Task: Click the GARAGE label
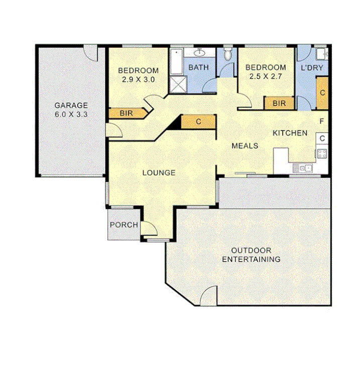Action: click(x=71, y=105)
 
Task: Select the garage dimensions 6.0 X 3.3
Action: click(x=71, y=114)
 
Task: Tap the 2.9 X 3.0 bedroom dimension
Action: click(x=138, y=79)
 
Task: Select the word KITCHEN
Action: click(x=290, y=133)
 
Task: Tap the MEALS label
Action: click(x=245, y=146)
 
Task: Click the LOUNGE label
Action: click(x=159, y=173)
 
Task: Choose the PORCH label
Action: click(x=124, y=224)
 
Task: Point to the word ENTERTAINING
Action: click(x=251, y=259)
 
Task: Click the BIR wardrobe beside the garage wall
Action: click(x=126, y=113)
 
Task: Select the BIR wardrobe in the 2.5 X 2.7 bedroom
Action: click(x=279, y=103)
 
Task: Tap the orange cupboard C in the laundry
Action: click(x=322, y=93)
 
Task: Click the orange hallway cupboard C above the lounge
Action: click(x=198, y=121)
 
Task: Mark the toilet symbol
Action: click(x=227, y=54)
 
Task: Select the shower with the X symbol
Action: click(x=176, y=85)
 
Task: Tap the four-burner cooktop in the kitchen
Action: click(x=321, y=154)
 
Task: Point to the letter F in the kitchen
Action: click(x=322, y=121)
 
